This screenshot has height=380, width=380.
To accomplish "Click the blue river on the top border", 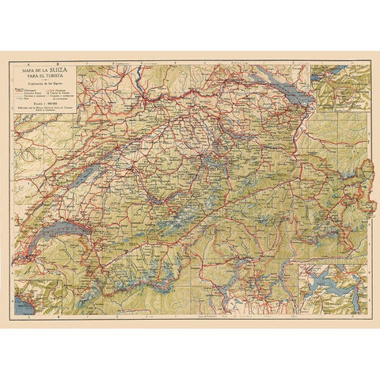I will pyautogui.click(x=135, y=75).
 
